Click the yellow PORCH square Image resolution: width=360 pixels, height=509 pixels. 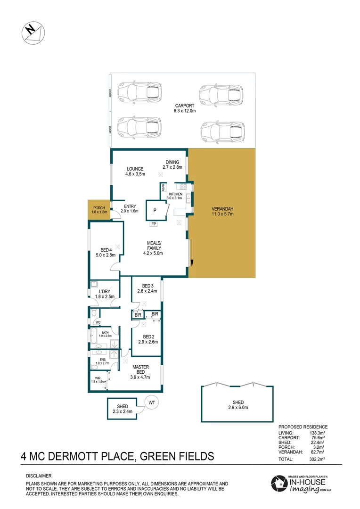99,210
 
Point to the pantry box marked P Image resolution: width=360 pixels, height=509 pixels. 155,210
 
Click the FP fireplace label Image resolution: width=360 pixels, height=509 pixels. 154,224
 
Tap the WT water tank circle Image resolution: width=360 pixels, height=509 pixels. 152,403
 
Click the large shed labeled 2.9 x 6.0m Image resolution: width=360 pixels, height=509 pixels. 237,404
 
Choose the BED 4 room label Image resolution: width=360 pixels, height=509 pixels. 106,253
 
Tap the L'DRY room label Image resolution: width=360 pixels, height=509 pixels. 105,294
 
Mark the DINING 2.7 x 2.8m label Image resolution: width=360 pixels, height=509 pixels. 172,164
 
